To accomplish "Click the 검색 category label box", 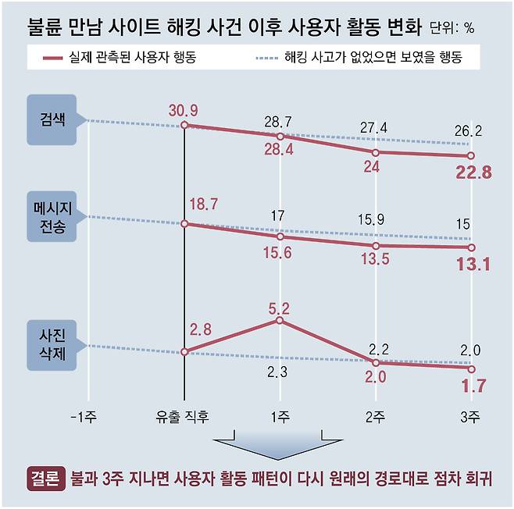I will (52, 121).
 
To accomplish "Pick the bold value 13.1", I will (473, 265).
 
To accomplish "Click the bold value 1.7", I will (474, 385).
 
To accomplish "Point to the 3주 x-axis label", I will (469, 418).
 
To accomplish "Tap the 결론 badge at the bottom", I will (46, 478).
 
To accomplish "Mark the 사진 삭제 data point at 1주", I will (280, 320).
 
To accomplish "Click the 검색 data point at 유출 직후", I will (184, 125).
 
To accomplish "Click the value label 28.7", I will (280, 122).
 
